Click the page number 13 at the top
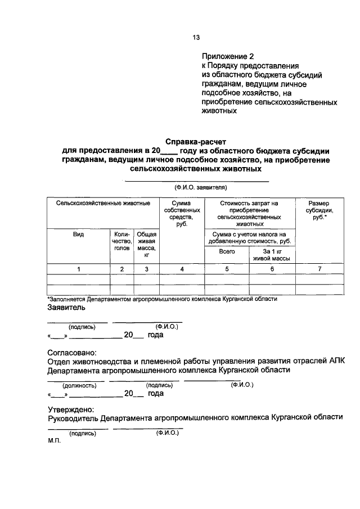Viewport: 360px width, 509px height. [196, 38]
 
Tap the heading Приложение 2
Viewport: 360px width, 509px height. [228, 56]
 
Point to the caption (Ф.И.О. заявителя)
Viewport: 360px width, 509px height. [196, 188]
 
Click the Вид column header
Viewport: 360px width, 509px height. [79, 235]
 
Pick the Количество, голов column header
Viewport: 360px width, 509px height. [121, 241]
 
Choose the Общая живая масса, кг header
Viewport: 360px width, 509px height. [146, 244]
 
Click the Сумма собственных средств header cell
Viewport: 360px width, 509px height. [182, 213]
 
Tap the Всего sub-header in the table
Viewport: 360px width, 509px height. [227, 252]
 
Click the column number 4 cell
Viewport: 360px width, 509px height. [182, 269]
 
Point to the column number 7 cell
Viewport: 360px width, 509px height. [319, 269]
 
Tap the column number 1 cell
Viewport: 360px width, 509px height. [79, 269]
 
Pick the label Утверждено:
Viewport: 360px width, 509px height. [71, 409]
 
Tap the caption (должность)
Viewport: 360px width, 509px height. [79, 385]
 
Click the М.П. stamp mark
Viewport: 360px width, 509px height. [55, 442]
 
